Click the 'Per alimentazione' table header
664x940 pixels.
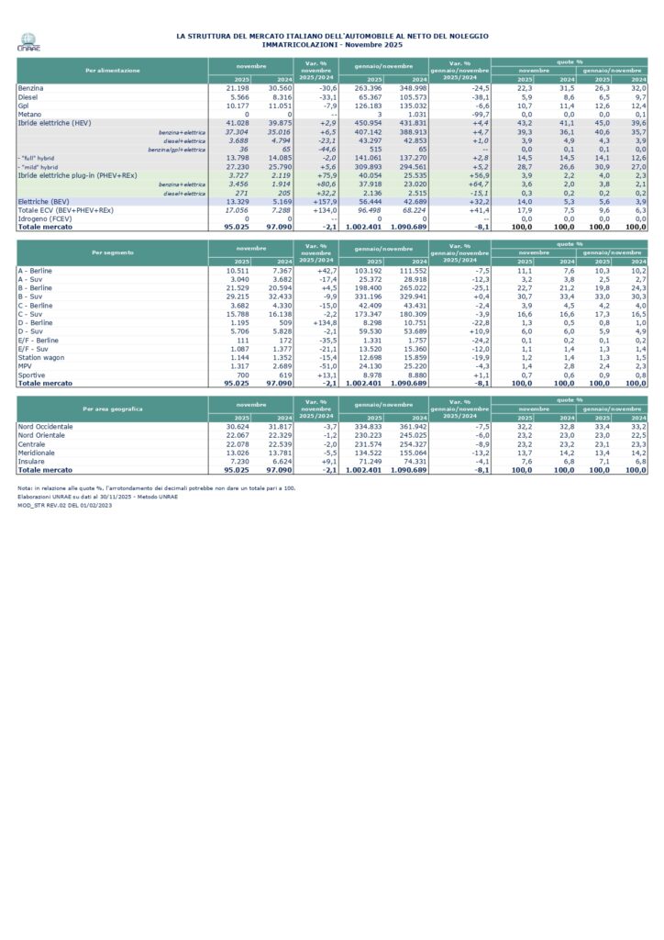[112, 70]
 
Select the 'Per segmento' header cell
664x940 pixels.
[112, 251]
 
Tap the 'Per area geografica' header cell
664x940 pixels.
[112, 407]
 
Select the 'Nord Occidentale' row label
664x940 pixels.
[46, 427]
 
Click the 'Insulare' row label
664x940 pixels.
[34, 461]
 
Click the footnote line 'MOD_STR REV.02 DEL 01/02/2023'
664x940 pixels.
[64, 504]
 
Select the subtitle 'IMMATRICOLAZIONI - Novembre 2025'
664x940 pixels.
[332, 43]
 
